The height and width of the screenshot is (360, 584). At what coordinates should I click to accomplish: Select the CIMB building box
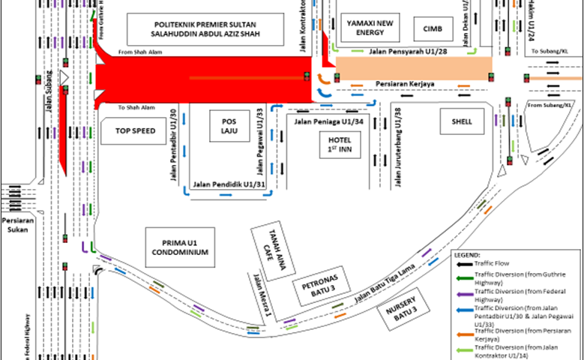pyautogui.click(x=433, y=28)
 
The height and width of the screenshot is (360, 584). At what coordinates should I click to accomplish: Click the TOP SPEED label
pyautogui.click(x=135, y=130)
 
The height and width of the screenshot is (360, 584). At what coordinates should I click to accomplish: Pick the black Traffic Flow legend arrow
pyautogui.click(x=463, y=265)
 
